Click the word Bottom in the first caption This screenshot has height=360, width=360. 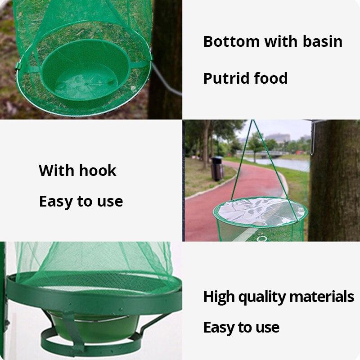(x=231, y=41)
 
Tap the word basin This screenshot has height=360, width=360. (x=323, y=41)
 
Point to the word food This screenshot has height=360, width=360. (x=271, y=78)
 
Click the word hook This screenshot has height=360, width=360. (x=98, y=171)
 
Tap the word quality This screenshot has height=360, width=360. (x=262, y=297)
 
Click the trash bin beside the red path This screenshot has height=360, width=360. (x=217, y=168)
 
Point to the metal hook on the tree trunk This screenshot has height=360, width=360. (x=313, y=138)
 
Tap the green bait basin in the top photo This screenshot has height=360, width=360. (x=85, y=71)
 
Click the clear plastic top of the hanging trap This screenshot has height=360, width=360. (x=261, y=211)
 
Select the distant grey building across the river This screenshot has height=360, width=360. (x=277, y=138)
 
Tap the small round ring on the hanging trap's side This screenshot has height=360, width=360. (x=262, y=238)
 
